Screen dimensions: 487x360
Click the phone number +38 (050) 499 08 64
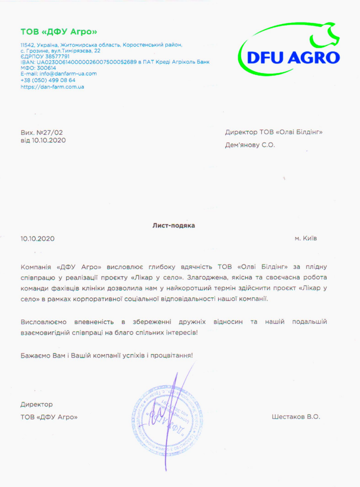pyautogui.click(x=48, y=80)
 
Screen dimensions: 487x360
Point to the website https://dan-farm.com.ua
pyautogui.click(x=52, y=87)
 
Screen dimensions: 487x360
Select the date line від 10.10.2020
pyautogui.click(x=43, y=140)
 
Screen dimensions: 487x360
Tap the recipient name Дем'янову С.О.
pyautogui.click(x=250, y=145)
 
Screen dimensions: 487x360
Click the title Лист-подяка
pyautogui.click(x=173, y=225)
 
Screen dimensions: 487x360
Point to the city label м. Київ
pyautogui.click(x=306, y=238)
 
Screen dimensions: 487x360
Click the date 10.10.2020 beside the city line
pyautogui.click(x=38, y=239)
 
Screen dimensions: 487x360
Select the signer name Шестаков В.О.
pyautogui.click(x=295, y=417)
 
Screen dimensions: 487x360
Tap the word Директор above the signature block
pyautogui.click(x=37, y=404)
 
